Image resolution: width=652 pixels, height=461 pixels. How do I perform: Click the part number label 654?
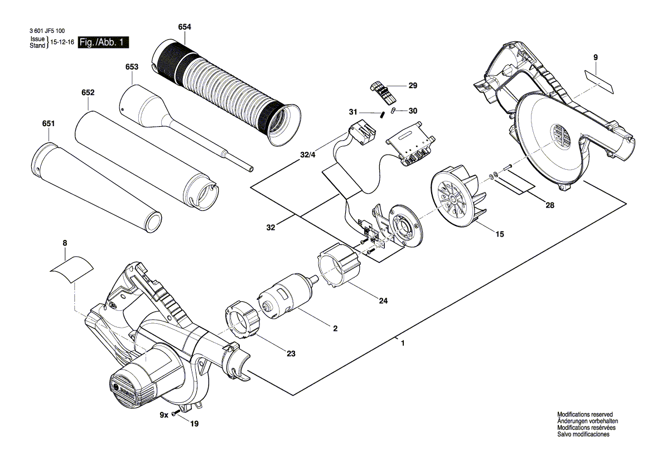point(185,27)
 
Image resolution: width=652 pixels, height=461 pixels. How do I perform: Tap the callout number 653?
point(132,66)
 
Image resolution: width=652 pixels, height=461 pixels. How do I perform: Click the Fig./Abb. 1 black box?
point(104,42)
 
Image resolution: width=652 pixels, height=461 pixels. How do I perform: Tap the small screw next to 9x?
point(176,413)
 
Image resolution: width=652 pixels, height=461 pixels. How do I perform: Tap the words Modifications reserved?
point(585,415)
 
